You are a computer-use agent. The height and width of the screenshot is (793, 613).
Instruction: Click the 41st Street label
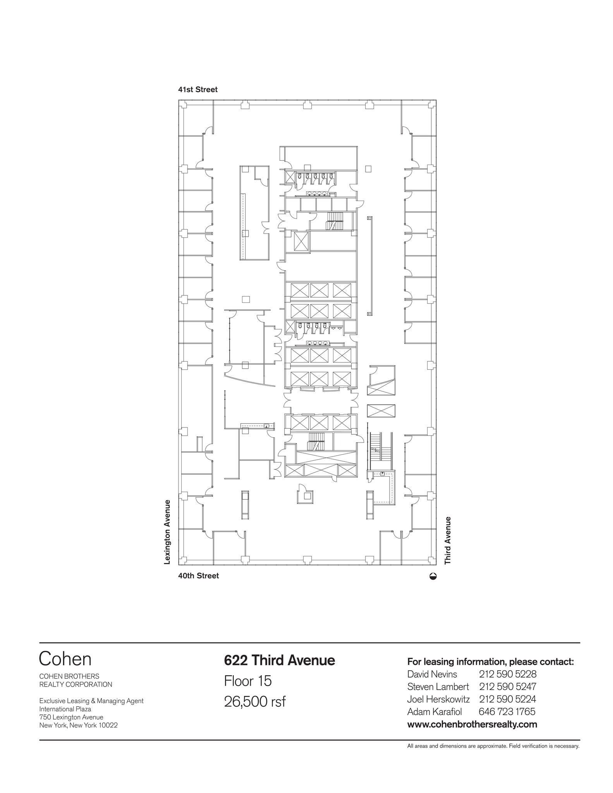coord(197,89)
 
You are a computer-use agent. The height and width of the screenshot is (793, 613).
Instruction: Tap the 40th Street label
coord(198,576)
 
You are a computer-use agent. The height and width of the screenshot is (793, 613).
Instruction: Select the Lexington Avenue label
coord(167,532)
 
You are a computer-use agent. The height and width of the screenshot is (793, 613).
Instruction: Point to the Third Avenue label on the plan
coord(448,540)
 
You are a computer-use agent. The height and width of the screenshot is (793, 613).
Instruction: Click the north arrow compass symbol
coord(433,576)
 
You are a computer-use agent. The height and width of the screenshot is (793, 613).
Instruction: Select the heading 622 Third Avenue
coord(279,660)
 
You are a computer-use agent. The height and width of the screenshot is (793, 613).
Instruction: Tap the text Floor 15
coord(248,681)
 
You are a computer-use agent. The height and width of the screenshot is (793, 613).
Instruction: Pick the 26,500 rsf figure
coord(254,702)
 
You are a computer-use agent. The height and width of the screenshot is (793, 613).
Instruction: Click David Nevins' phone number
coord(507,674)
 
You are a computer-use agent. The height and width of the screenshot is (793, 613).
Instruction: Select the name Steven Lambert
coord(438,687)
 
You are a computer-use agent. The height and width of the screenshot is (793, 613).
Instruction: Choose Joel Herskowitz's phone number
coord(507,699)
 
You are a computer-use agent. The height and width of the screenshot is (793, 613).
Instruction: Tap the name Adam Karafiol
coord(434,712)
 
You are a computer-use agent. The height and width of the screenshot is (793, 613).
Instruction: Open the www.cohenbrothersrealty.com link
coord(472,724)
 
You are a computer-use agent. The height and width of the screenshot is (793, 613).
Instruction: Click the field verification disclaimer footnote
coord(493,746)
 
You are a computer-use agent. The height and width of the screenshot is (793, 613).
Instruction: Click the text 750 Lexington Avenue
coord(71,717)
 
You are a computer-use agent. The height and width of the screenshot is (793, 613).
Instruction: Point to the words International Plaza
coord(65,709)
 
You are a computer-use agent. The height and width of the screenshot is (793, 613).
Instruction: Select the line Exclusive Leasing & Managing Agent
coord(91,701)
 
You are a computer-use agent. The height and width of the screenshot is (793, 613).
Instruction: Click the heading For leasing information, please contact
coord(490,661)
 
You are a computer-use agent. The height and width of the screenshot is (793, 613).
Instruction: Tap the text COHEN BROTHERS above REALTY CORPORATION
coord(69,676)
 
